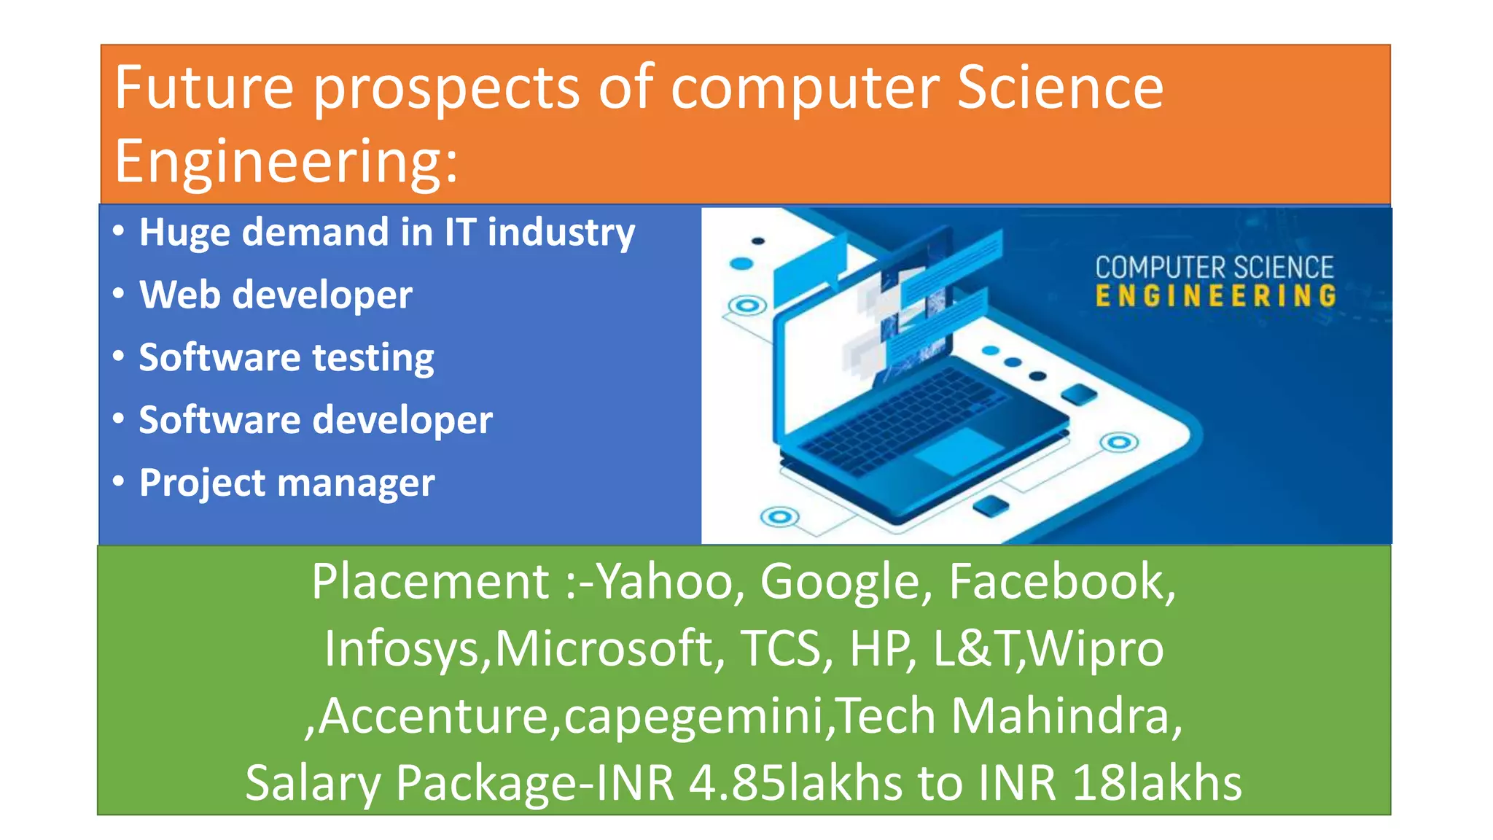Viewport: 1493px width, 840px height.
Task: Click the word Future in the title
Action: click(204, 87)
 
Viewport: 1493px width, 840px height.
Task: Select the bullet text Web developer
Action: click(276, 295)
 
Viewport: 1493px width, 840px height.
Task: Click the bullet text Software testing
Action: click(286, 357)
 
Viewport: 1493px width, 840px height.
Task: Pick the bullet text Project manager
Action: click(286, 483)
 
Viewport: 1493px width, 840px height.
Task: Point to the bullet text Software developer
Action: click(316, 420)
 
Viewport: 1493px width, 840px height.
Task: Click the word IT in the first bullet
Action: click(460, 233)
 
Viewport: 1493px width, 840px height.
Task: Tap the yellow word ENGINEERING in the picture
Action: click(1215, 296)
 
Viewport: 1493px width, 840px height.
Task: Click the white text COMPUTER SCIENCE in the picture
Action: click(1214, 268)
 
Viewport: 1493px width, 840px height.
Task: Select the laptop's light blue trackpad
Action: click(959, 451)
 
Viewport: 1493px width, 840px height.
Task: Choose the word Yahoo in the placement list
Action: click(665, 582)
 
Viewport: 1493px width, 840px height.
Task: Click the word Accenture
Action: click(433, 716)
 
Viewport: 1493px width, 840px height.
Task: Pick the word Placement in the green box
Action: click(430, 582)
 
